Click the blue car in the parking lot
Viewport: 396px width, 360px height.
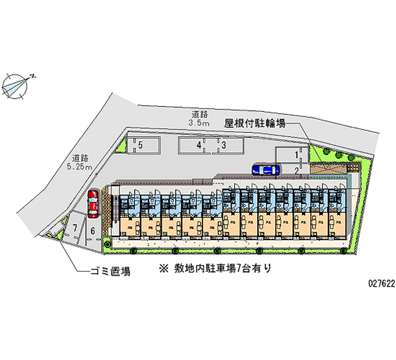click(x=265, y=170)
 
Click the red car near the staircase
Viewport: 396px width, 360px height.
click(x=93, y=204)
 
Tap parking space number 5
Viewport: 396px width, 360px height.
click(x=141, y=145)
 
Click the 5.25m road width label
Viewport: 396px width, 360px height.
click(x=81, y=167)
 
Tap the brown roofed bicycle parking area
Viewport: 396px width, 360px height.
click(x=329, y=170)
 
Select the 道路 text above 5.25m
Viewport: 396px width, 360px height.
click(x=80, y=158)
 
